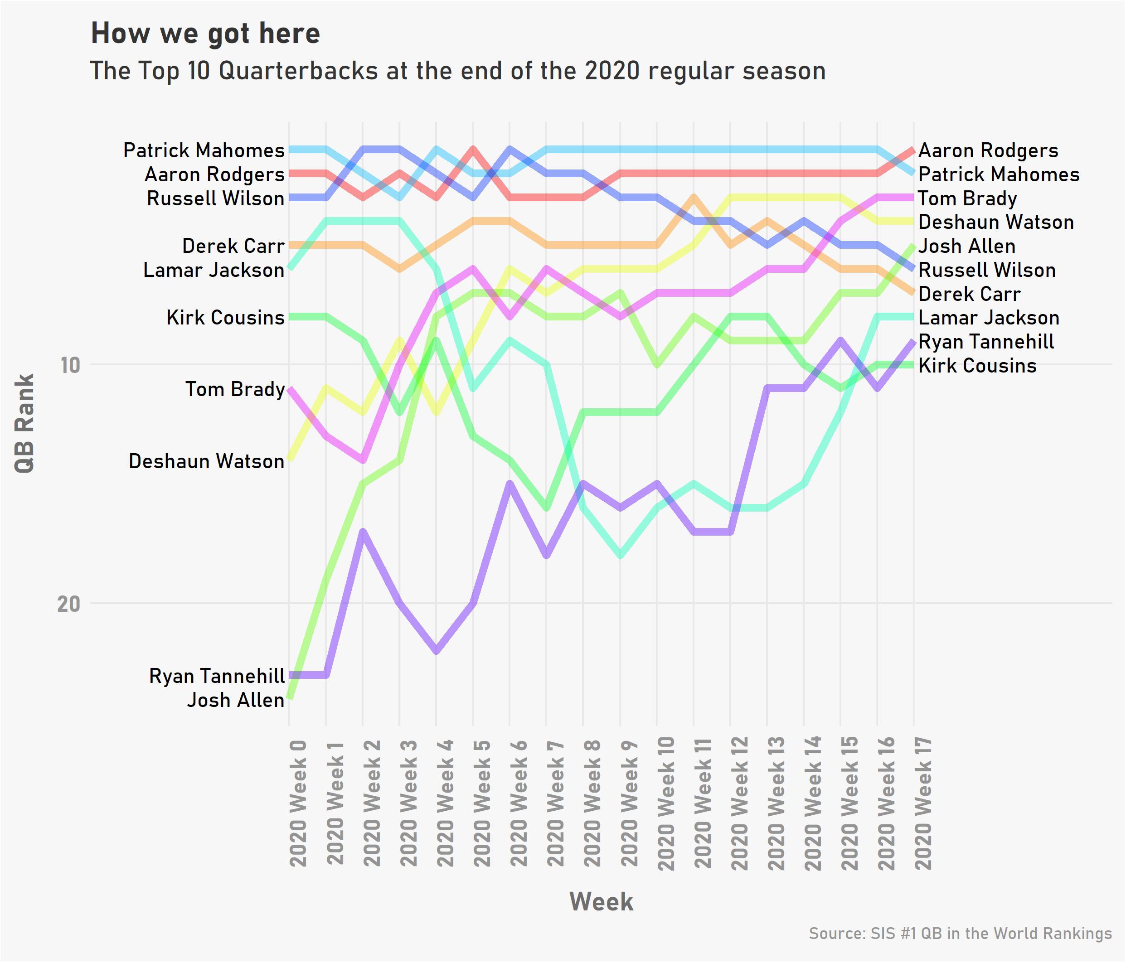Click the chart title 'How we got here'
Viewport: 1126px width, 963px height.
tap(205, 34)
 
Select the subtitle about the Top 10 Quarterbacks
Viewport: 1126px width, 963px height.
tap(457, 71)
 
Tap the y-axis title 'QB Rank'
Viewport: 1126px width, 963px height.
tap(24, 423)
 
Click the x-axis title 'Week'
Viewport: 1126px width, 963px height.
tap(601, 902)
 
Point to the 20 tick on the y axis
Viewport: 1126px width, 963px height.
tap(68, 604)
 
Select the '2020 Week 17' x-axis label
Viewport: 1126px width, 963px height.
tap(923, 803)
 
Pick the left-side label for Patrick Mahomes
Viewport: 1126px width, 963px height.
tap(204, 150)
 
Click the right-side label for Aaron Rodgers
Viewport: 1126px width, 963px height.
tap(988, 150)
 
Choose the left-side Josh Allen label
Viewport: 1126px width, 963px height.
tap(235, 700)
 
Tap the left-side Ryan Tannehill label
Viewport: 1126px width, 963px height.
tap(217, 676)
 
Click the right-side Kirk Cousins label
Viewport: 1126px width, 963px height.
tap(977, 366)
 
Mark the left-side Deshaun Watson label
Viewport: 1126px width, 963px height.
tap(207, 461)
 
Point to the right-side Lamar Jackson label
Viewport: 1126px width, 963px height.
tap(989, 318)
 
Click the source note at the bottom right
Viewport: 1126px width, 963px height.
tap(960, 934)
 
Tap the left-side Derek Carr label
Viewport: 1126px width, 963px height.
tap(233, 246)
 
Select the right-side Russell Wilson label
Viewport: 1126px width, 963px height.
tap(987, 270)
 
